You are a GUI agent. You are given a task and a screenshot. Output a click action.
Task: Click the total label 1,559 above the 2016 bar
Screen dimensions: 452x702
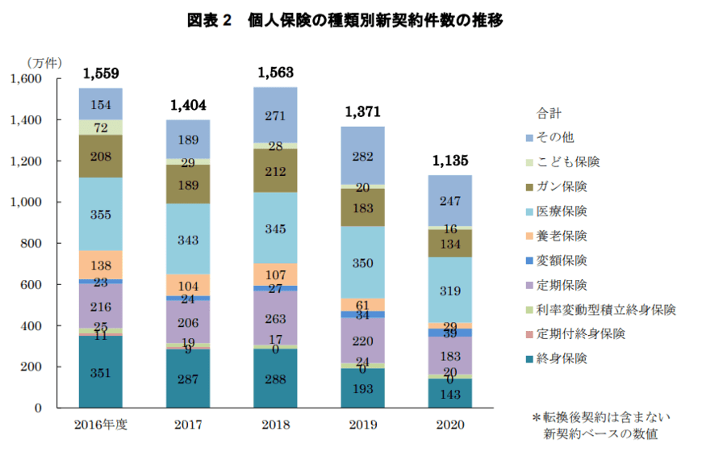pos(101,74)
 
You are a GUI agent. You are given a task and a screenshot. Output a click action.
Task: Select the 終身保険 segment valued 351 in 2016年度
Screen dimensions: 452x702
pos(101,372)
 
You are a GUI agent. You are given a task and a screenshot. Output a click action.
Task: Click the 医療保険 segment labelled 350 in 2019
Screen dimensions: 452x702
pos(362,262)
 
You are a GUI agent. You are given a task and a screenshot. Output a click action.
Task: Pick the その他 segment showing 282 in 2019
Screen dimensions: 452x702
pos(362,156)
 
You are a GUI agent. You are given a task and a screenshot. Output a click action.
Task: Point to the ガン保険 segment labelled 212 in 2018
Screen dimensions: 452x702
pos(276,170)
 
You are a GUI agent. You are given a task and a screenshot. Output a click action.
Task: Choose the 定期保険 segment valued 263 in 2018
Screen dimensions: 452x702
pos(276,318)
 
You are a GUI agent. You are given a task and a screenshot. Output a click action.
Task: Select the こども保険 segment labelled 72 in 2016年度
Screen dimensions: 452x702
pos(101,128)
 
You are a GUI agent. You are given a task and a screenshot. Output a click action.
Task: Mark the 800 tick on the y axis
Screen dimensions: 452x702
pos(31,244)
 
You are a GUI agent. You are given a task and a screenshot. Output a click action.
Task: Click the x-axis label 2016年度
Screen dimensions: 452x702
pos(101,425)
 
